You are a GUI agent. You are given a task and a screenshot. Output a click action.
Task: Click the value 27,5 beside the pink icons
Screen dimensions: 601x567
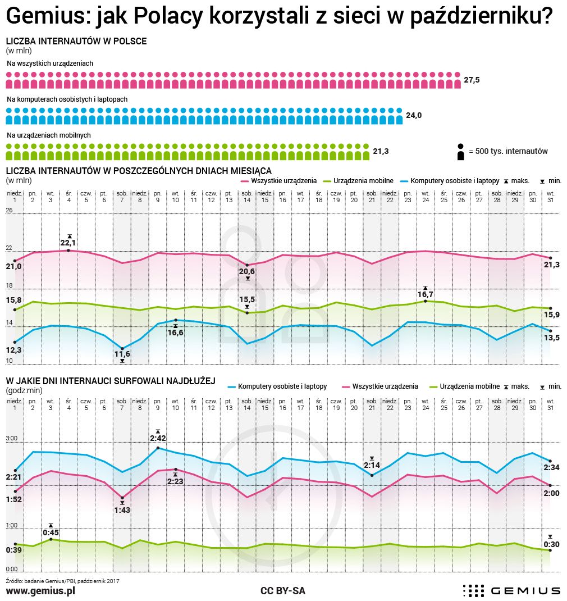(472, 80)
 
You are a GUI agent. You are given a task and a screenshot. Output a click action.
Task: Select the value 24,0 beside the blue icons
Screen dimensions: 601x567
(414, 116)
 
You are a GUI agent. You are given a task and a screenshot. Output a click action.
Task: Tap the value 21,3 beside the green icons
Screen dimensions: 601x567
(381, 152)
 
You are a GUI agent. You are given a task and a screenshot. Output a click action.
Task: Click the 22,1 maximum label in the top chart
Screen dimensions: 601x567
(68, 243)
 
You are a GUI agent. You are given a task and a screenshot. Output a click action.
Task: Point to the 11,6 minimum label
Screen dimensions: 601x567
(122, 354)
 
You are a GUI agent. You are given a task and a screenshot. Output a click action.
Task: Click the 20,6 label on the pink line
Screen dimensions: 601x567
(247, 271)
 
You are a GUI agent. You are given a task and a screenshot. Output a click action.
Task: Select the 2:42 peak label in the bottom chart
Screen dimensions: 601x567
(158, 438)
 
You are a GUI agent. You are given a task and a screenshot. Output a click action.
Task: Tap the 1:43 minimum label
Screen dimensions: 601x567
(122, 510)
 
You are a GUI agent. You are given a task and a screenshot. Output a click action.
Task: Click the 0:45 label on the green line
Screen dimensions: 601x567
(51, 532)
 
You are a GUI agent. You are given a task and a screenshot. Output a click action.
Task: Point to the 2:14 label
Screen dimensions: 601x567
(372, 465)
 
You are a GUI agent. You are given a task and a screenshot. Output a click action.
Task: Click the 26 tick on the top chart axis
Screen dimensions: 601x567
(10, 210)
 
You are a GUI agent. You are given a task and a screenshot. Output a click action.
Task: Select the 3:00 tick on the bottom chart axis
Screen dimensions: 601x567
(12, 438)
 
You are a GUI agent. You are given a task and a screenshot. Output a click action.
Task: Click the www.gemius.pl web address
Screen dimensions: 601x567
(40, 591)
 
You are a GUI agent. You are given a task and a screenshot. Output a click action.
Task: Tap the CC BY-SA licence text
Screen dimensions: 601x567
(283, 591)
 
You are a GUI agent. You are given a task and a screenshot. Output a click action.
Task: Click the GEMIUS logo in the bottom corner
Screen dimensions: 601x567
(511, 590)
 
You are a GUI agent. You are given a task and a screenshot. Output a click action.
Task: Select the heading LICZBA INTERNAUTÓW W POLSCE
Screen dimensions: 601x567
(76, 42)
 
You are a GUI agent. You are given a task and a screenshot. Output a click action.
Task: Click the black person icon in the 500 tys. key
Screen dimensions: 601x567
(460, 152)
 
